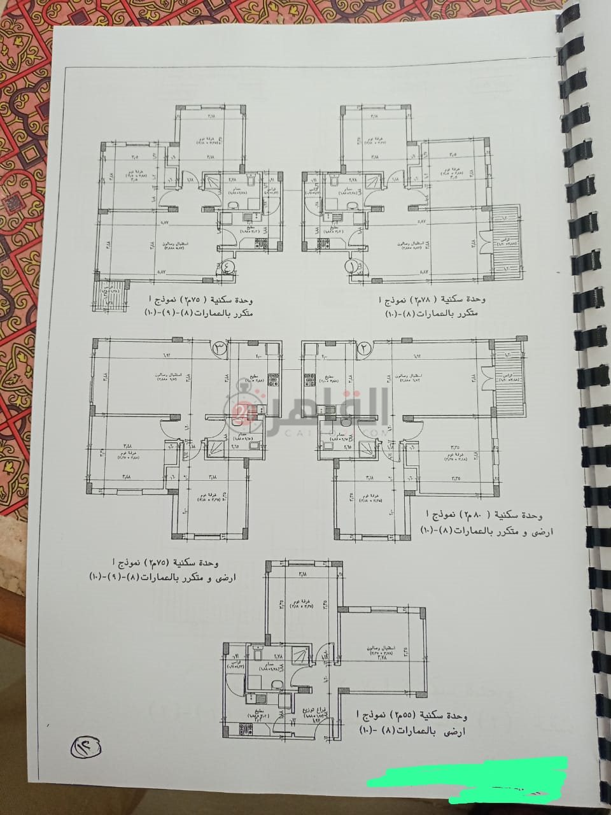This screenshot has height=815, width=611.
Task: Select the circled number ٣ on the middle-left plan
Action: click(220, 348)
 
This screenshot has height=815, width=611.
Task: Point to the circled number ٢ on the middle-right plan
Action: click(365, 348)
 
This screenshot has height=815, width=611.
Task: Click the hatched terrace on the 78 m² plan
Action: click(507, 240)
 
